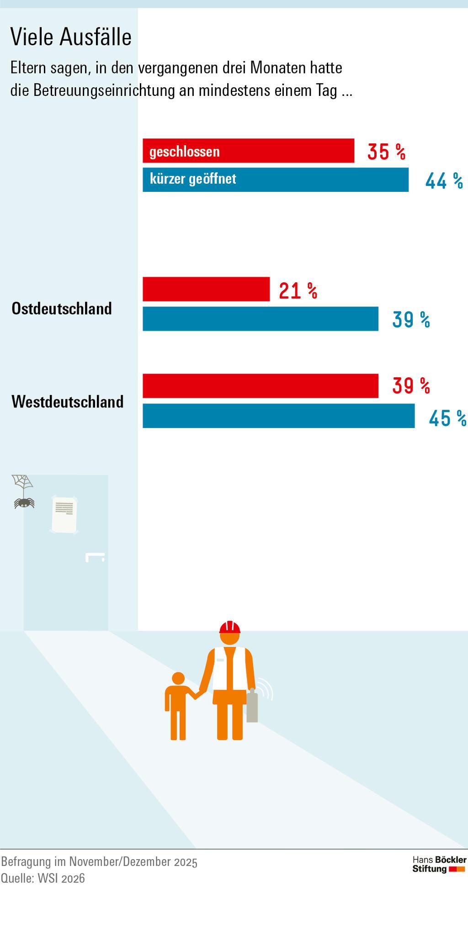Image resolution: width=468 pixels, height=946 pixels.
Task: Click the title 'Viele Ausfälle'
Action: tap(71, 37)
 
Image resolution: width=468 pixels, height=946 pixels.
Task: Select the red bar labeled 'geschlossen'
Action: tap(248, 151)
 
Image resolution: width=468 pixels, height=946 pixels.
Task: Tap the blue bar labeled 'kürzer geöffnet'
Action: tap(275, 180)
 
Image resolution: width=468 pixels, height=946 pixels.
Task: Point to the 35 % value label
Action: tap(386, 152)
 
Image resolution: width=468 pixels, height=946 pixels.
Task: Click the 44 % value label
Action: tap(444, 181)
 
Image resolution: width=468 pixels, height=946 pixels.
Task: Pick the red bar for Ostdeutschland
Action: tap(206, 289)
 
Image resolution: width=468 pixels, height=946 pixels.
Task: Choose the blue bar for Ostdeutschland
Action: tap(260, 319)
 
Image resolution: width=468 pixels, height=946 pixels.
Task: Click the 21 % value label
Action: tap(298, 291)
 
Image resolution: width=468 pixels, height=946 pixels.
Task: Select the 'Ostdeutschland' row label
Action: tap(62, 309)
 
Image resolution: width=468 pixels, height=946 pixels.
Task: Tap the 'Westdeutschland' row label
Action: tap(68, 402)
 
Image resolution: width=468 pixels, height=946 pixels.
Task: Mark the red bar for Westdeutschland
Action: tap(260, 386)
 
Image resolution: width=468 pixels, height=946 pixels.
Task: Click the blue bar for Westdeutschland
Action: tap(278, 416)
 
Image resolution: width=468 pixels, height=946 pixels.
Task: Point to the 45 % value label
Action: tap(447, 418)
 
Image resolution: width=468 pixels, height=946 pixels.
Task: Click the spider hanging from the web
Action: tap(24, 502)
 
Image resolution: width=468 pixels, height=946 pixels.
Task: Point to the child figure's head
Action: tap(178, 678)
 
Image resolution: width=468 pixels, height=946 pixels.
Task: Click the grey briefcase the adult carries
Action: tap(252, 708)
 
